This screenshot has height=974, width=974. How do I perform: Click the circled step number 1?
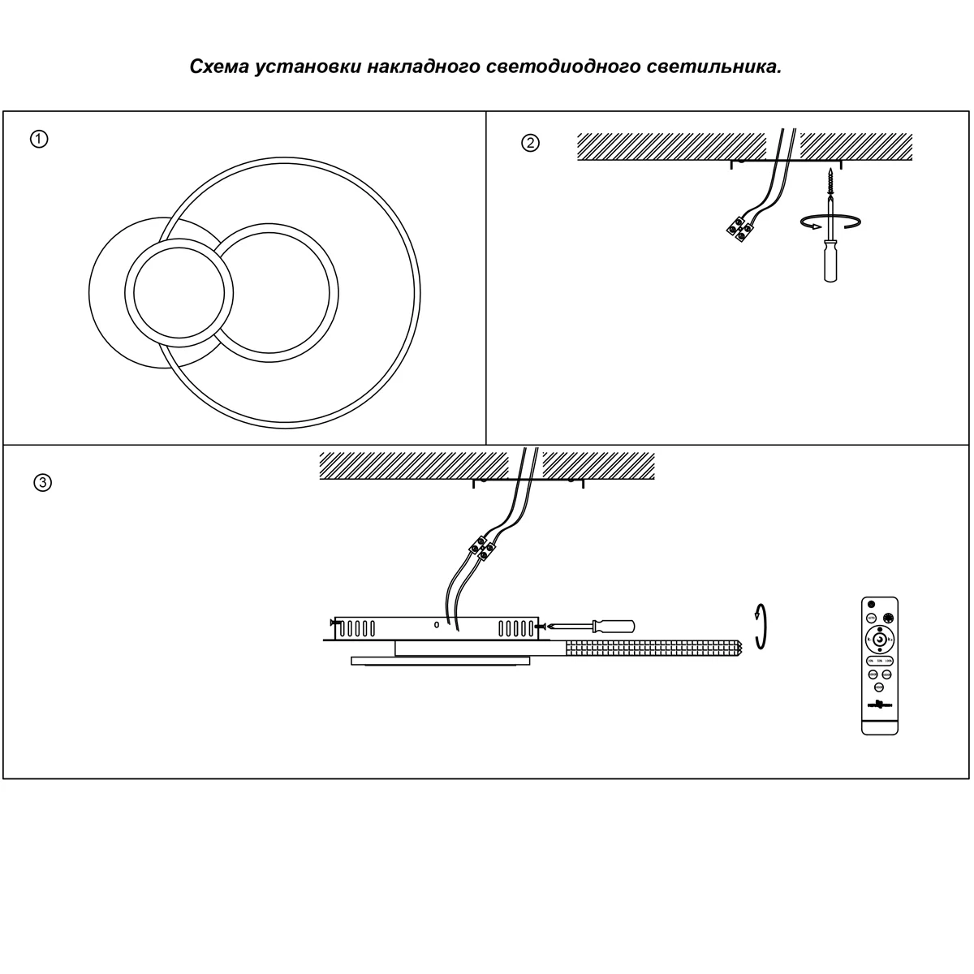tap(39, 139)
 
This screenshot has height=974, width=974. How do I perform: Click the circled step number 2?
tap(529, 144)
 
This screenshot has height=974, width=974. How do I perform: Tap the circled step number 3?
tap(42, 483)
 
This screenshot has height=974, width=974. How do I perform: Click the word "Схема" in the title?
tap(218, 67)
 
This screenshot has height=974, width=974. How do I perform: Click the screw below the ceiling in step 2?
tap(830, 182)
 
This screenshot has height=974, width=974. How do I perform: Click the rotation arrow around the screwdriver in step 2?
tap(830, 222)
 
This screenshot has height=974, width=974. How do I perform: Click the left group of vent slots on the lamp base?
tap(357, 627)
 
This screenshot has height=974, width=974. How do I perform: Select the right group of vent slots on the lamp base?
tap(516, 627)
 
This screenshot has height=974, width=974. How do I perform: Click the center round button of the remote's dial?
tap(879, 640)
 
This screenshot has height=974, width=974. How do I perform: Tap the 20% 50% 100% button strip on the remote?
tap(879, 660)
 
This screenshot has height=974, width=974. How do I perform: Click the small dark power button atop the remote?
tap(872, 605)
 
